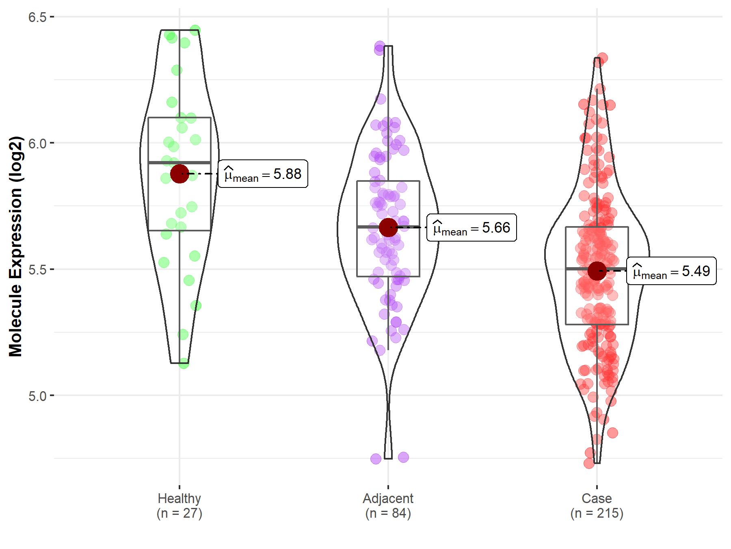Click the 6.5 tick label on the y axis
[37, 17]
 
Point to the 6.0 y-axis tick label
[37, 143]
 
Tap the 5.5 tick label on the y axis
[37, 269]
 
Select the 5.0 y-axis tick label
[37, 396]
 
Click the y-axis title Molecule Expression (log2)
[15, 246]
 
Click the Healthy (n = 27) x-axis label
[179, 505]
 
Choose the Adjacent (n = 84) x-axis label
[388, 505]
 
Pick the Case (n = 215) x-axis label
[597, 505]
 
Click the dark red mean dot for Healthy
[180, 174]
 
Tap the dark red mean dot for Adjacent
[388, 227]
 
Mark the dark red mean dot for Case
[597, 271]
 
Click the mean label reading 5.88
[263, 174]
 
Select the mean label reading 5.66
[471, 228]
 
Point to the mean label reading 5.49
[671, 271]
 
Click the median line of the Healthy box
[162, 163]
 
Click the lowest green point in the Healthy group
[184, 363]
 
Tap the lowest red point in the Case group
[589, 463]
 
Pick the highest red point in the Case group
[602, 58]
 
